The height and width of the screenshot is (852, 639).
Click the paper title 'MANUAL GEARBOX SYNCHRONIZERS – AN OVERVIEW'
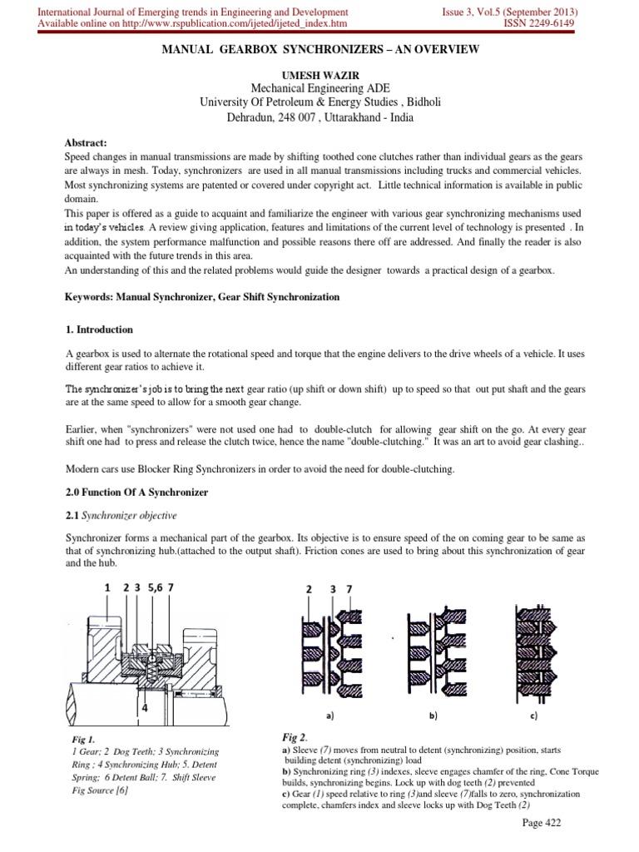point(319,51)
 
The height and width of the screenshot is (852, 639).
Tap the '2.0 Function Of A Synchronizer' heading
point(136,493)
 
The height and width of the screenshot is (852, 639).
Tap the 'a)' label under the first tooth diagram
point(331,714)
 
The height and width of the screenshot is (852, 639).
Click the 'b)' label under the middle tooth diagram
point(433,714)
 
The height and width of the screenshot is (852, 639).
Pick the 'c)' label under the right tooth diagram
point(532,714)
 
